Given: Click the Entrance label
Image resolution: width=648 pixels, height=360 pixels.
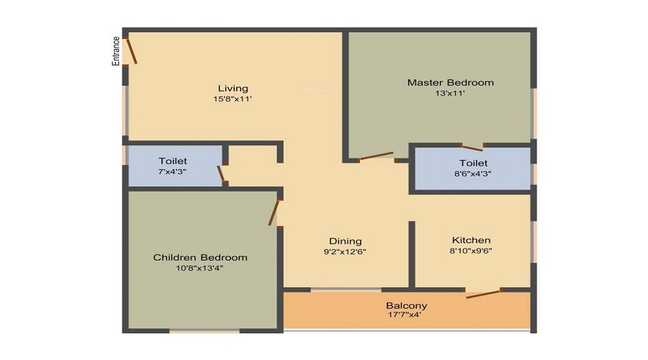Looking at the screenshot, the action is pyautogui.click(x=116, y=51).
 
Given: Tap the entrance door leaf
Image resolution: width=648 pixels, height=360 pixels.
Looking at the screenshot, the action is pyautogui.click(x=132, y=51).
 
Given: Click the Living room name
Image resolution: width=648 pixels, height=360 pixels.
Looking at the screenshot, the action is pyautogui.click(x=233, y=89).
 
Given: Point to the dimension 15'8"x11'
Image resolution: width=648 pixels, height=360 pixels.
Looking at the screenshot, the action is pyautogui.click(x=233, y=99).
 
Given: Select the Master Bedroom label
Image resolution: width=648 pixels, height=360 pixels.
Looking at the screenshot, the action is pyautogui.click(x=451, y=83).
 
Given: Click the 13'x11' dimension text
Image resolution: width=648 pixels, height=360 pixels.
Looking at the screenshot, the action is pyautogui.click(x=450, y=94).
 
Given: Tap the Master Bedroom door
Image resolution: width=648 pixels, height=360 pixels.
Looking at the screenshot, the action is pyautogui.click(x=376, y=156).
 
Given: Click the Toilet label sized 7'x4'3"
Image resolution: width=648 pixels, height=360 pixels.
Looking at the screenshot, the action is pyautogui.click(x=173, y=161).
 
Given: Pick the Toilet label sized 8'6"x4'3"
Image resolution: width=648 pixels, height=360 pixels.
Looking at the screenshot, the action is pyautogui.click(x=474, y=163).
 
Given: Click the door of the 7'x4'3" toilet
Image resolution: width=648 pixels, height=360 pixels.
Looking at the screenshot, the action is pyautogui.click(x=221, y=174).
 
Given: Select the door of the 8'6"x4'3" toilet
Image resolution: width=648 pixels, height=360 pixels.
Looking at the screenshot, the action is pyautogui.click(x=472, y=148).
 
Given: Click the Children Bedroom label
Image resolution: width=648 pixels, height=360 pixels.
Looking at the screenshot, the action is pyautogui.click(x=200, y=258).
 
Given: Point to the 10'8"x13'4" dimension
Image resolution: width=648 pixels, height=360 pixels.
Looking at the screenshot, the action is pyautogui.click(x=199, y=269).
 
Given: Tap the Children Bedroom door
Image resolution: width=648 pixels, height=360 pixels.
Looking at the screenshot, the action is pyautogui.click(x=274, y=212).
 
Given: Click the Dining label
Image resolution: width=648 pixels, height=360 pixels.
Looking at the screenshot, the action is pyautogui.click(x=346, y=241).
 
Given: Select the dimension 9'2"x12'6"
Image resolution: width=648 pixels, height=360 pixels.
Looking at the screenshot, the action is pyautogui.click(x=345, y=252).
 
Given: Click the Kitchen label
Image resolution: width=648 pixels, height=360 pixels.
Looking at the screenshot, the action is pyautogui.click(x=472, y=240).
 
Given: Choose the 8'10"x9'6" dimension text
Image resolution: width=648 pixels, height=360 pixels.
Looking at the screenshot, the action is pyautogui.click(x=471, y=251).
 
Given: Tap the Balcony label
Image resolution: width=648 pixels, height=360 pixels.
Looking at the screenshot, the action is pyautogui.click(x=407, y=306).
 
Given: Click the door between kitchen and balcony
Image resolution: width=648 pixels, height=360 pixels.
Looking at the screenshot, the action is pyautogui.click(x=484, y=294).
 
